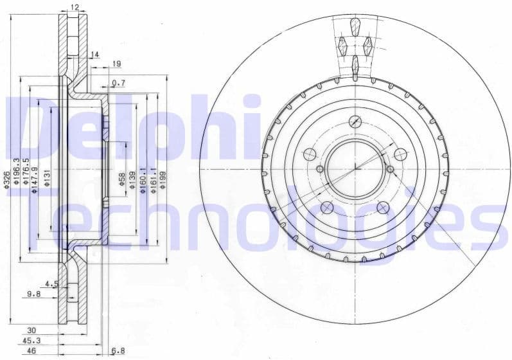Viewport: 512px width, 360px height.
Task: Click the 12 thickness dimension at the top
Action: tap(75, 7)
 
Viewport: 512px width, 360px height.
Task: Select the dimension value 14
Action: tap(95, 55)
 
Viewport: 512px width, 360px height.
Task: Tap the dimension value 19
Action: tap(116, 64)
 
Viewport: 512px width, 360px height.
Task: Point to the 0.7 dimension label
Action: tap(118, 83)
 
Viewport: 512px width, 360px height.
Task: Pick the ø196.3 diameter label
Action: tap(17, 171)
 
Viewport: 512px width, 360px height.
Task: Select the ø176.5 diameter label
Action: tap(26, 174)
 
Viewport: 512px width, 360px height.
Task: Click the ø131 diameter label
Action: tap(47, 181)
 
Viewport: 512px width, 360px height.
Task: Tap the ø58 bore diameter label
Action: tap(122, 179)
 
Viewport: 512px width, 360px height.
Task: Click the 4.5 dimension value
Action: tap(52, 283)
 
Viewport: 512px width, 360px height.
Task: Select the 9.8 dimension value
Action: tap(34, 294)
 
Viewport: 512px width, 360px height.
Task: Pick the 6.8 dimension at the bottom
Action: tap(118, 351)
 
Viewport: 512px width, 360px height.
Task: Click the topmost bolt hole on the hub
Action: tap(355, 122)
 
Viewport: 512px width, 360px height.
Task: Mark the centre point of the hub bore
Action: tap(355, 169)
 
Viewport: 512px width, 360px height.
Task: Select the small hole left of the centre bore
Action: tap(320, 169)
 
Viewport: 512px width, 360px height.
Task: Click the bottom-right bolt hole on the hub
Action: tap(383, 207)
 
